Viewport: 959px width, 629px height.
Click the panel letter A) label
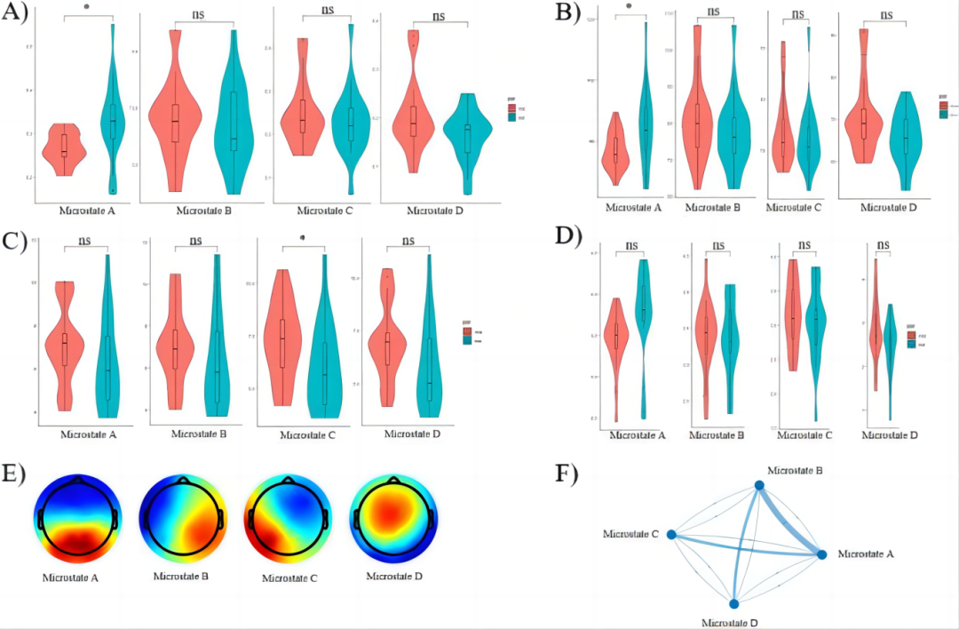pyautogui.click(x=19, y=15)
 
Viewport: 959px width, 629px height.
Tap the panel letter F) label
pyautogui.click(x=566, y=474)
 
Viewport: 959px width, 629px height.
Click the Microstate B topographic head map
pyautogui.click(x=182, y=519)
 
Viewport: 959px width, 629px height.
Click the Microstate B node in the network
pyautogui.click(x=759, y=485)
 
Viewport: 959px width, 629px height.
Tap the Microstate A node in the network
pyautogui.click(x=822, y=554)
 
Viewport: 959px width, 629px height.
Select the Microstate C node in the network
pyautogui.click(x=671, y=535)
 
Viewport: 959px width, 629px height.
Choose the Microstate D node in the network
pyautogui.click(x=733, y=603)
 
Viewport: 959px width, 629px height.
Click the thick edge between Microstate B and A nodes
pyautogui.click(x=790, y=520)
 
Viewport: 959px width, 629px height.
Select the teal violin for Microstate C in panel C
pyautogui.click(x=325, y=355)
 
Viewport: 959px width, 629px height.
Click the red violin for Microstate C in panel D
pyautogui.click(x=793, y=315)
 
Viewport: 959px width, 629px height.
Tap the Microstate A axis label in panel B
pyautogui.click(x=633, y=208)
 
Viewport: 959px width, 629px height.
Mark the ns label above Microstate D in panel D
pyautogui.click(x=884, y=245)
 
